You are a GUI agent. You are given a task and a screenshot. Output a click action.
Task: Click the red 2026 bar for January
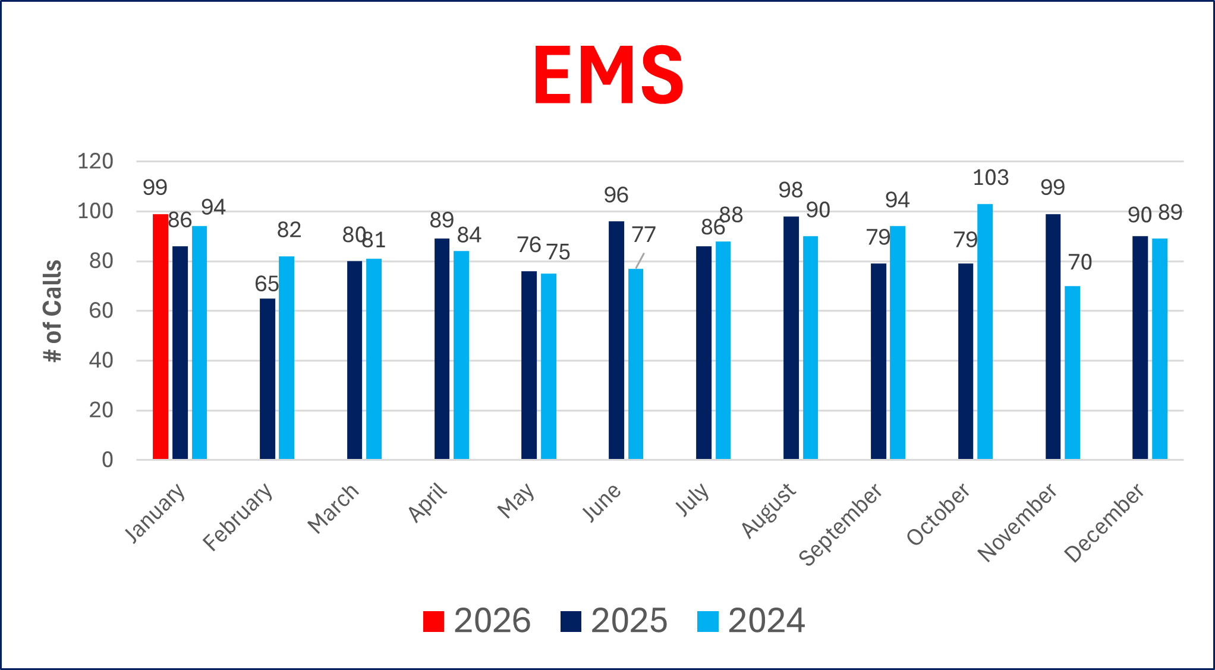[x=160, y=336]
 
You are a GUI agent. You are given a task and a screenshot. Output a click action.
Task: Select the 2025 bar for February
[x=267, y=379]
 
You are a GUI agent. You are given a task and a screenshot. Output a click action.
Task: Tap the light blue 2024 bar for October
[x=985, y=332]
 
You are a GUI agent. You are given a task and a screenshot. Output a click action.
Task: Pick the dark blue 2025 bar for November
[x=1053, y=336]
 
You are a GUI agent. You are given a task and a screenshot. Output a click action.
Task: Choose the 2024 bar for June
[x=635, y=364]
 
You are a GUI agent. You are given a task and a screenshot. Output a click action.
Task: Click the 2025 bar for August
[x=791, y=338]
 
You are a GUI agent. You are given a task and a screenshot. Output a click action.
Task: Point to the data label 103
[x=990, y=178]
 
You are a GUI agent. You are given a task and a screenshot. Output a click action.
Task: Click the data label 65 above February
[x=266, y=284]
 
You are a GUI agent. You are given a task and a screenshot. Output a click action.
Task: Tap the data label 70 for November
[x=1079, y=262]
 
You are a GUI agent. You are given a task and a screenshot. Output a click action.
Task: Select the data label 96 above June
[x=616, y=195]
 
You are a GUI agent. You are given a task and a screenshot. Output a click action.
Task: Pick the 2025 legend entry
[x=614, y=621]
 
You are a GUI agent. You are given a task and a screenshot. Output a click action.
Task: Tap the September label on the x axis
[x=840, y=525]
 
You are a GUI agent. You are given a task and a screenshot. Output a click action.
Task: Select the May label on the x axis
[x=516, y=501]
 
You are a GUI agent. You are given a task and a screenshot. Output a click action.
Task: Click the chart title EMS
[x=608, y=76]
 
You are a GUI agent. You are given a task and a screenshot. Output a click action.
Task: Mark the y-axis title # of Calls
[x=53, y=311]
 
